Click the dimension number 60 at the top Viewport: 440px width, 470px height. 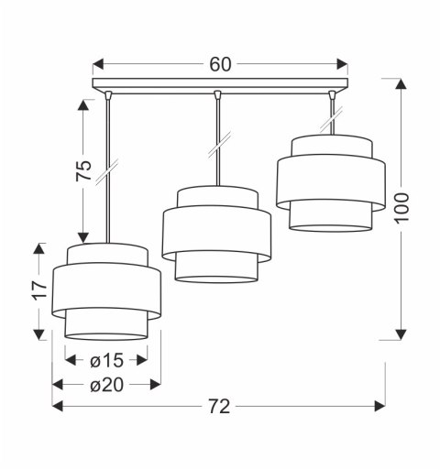coord(220,64)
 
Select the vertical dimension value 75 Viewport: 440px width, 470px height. coord(83,170)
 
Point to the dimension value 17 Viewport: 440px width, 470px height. coord(38,291)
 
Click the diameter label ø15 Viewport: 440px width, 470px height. coord(106,360)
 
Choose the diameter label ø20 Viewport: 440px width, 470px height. coord(106,385)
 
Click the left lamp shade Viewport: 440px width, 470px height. coord(106,291)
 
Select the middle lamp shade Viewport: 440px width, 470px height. coord(215,235)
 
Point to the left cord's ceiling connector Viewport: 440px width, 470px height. coord(107,94)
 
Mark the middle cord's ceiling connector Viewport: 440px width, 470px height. coord(217,94)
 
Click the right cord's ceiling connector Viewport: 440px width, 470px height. coord(332,94)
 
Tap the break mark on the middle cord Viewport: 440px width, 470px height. coord(217,145)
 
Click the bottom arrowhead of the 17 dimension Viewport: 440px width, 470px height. coord(38,334)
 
